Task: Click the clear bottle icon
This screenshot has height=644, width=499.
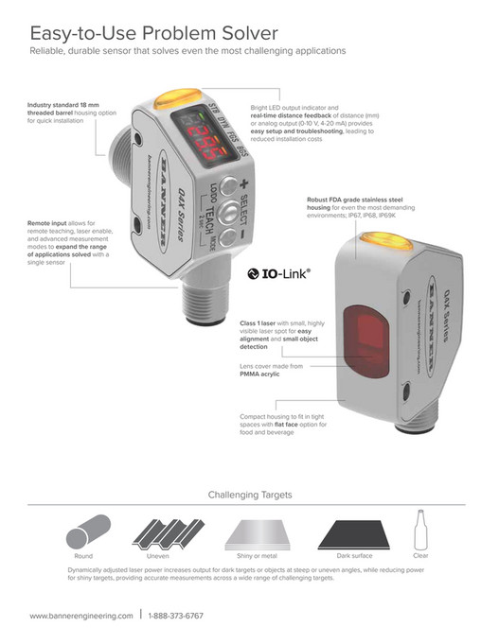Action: pyautogui.click(x=421, y=529)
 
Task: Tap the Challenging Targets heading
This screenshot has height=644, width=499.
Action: pyautogui.click(x=250, y=495)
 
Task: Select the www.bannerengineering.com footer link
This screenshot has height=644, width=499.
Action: pyautogui.click(x=80, y=616)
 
